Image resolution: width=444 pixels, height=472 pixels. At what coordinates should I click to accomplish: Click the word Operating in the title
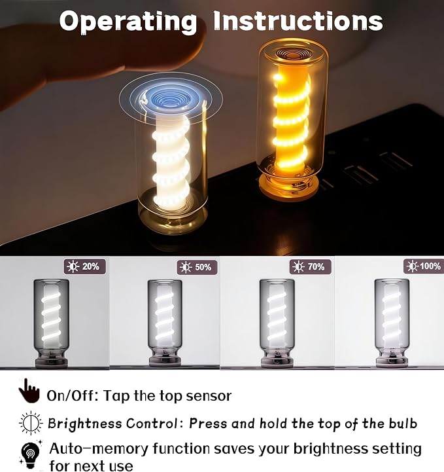click(x=128, y=22)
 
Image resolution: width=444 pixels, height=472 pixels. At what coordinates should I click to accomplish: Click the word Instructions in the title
click(x=298, y=20)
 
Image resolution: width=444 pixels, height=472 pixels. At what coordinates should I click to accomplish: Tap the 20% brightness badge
click(x=85, y=266)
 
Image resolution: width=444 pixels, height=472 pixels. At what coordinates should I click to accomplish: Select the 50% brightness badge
click(x=197, y=267)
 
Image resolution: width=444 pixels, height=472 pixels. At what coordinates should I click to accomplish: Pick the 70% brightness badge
click(x=310, y=266)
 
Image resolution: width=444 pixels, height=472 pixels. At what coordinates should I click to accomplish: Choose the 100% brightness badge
click(x=424, y=266)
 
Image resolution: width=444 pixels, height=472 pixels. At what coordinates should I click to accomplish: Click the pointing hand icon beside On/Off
click(x=29, y=391)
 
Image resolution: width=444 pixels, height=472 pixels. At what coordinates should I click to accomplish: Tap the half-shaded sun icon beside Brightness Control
click(x=31, y=423)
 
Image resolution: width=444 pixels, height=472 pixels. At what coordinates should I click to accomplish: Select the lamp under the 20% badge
click(x=52, y=323)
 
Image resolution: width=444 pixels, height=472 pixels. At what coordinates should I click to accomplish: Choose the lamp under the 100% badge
click(x=392, y=323)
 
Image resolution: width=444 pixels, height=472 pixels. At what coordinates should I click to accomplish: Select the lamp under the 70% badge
click(x=277, y=323)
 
